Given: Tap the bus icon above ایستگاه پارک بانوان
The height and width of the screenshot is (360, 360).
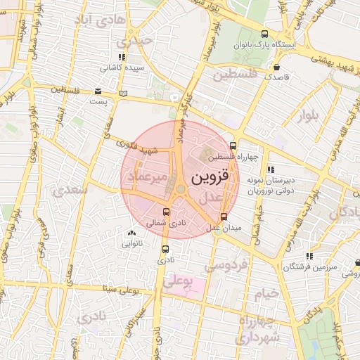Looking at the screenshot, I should [265, 34].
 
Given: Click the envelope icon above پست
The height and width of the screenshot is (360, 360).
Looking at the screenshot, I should [98, 91].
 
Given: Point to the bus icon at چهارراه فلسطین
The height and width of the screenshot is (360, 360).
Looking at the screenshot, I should [233, 146].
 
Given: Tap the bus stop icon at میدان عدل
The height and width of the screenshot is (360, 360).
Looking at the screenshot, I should [224, 217].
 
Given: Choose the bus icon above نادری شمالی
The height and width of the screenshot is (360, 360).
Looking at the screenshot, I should [166, 212].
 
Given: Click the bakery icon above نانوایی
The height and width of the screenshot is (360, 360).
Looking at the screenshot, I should [131, 233].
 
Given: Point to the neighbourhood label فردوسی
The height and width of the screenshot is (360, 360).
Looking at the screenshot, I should [225, 266].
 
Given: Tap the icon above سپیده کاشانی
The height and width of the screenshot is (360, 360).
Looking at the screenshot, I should [122, 57].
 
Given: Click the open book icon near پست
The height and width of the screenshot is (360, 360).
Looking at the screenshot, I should [124, 93].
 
